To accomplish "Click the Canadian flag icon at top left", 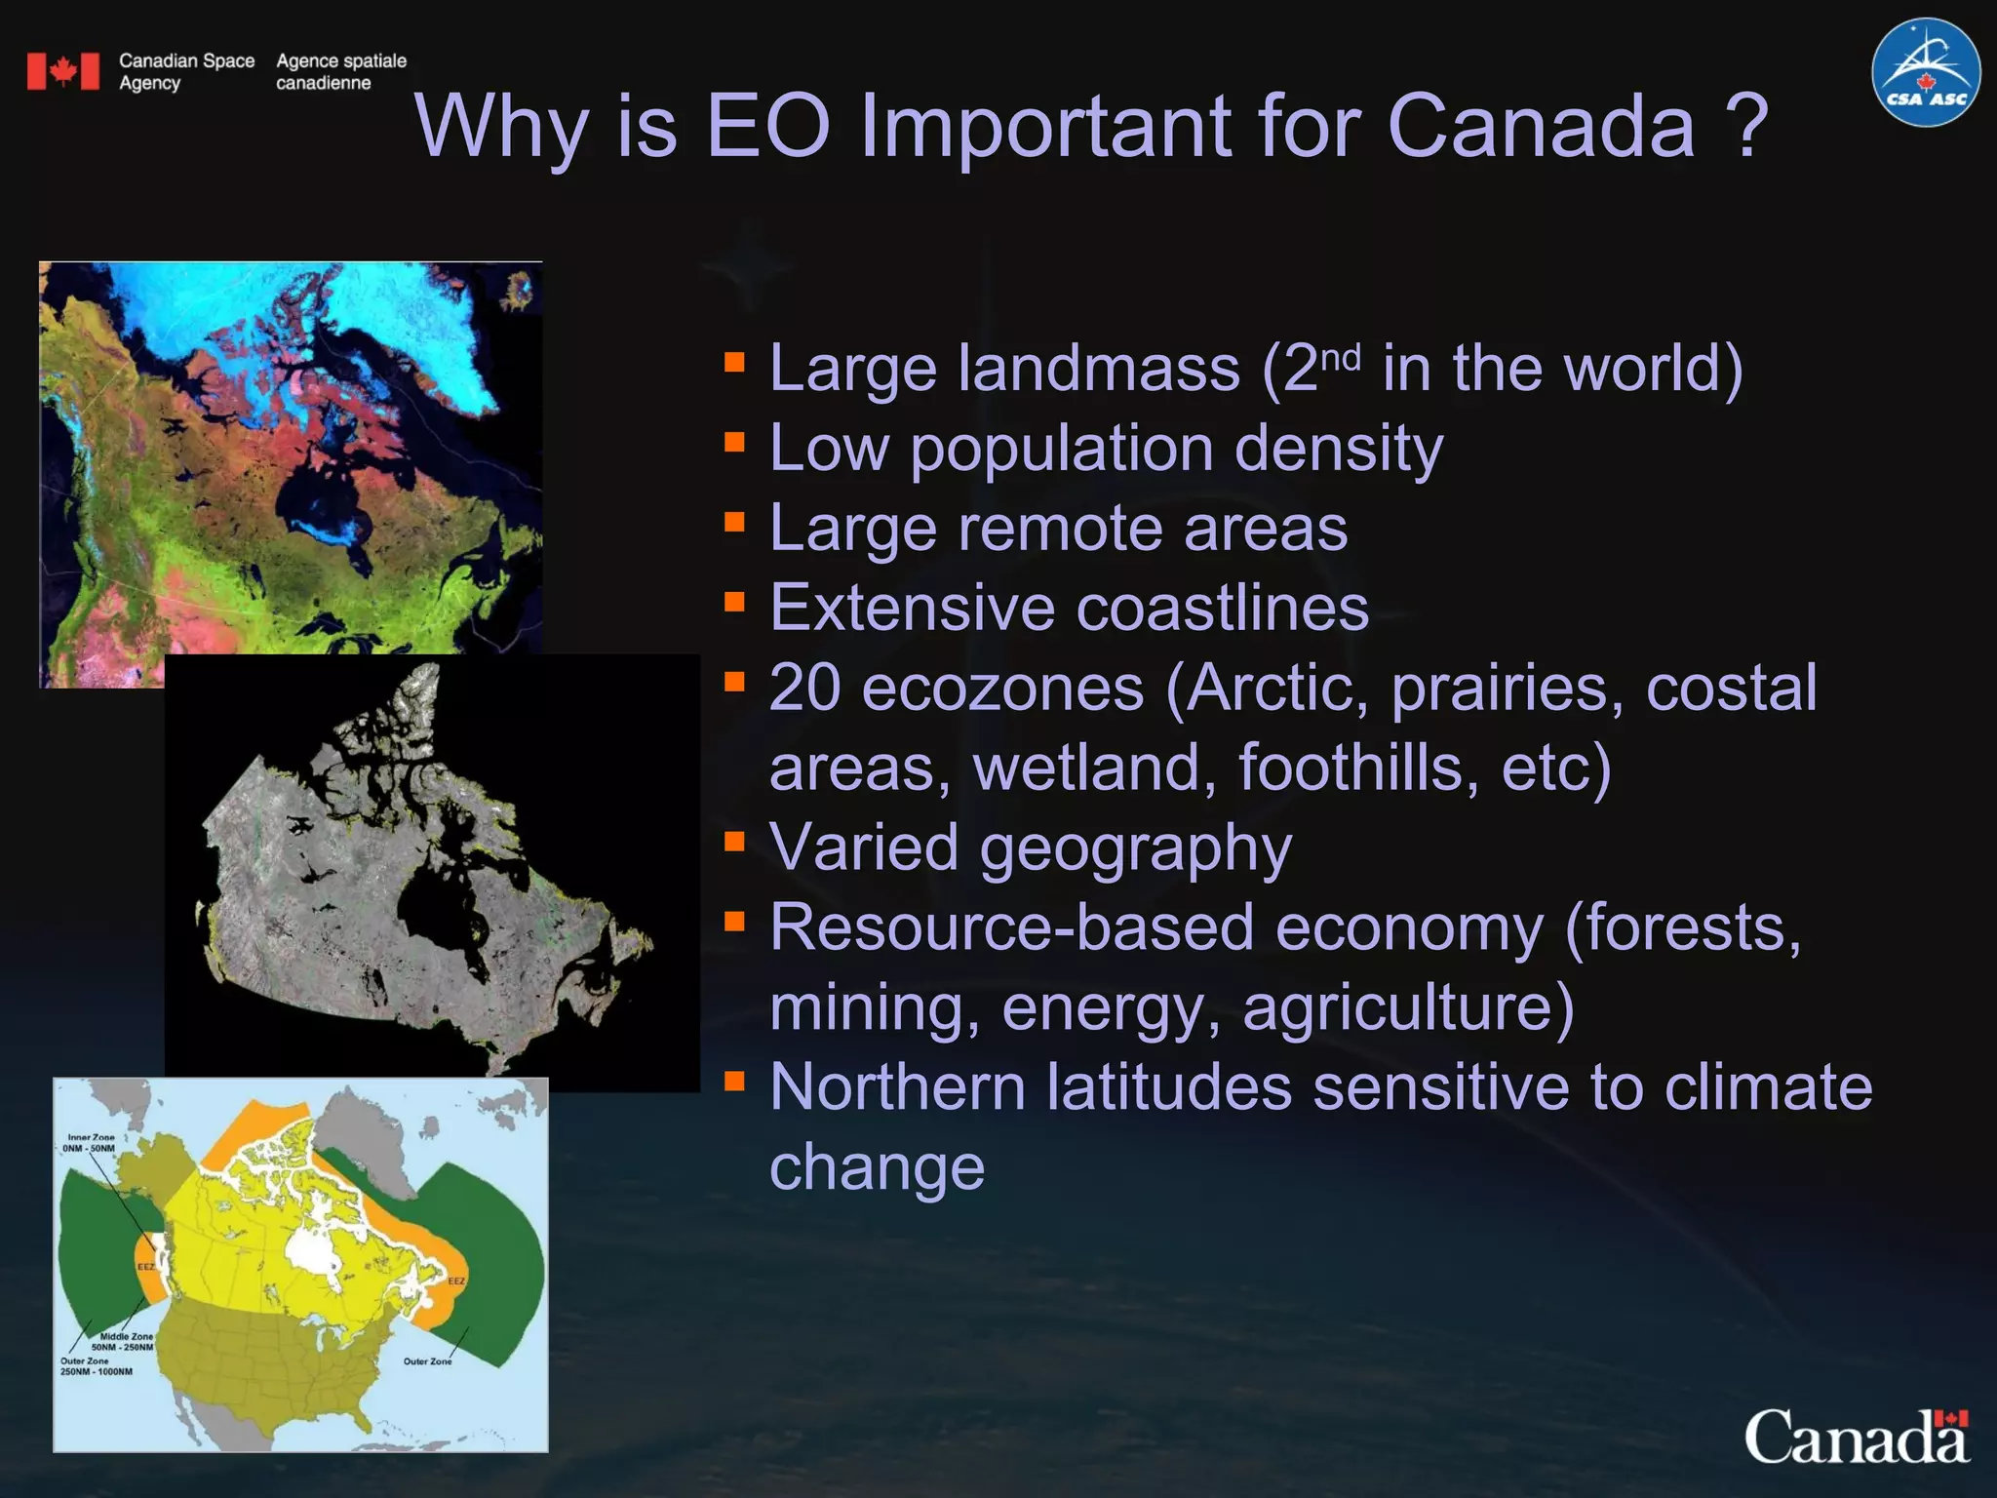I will [x=63, y=71].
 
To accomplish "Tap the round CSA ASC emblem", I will [x=1925, y=72].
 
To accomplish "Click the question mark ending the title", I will [x=1745, y=127].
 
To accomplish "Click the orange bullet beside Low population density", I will [x=734, y=444].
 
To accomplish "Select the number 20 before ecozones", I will [x=805, y=688].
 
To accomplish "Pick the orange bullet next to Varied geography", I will [x=734, y=842].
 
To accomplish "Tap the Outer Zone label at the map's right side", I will [x=427, y=1361].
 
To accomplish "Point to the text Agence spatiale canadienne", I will [x=340, y=71].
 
